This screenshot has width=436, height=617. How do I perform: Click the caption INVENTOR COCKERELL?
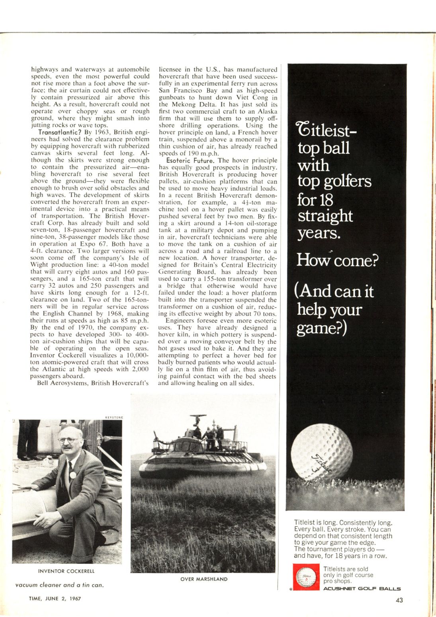coord(66,571)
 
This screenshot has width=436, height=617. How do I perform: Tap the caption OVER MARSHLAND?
coord(204,579)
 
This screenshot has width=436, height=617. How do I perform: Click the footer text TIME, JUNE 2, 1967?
coord(55,598)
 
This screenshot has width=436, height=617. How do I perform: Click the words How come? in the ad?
coord(337,261)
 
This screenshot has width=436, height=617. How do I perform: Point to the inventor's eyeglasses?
coord(68,440)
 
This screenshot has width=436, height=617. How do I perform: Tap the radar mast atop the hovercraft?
coord(198,419)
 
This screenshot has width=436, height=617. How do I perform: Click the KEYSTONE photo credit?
coord(114,417)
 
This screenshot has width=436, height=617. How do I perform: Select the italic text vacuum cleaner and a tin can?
coord(60,585)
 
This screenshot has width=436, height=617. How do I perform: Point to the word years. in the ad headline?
coord(319,233)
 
